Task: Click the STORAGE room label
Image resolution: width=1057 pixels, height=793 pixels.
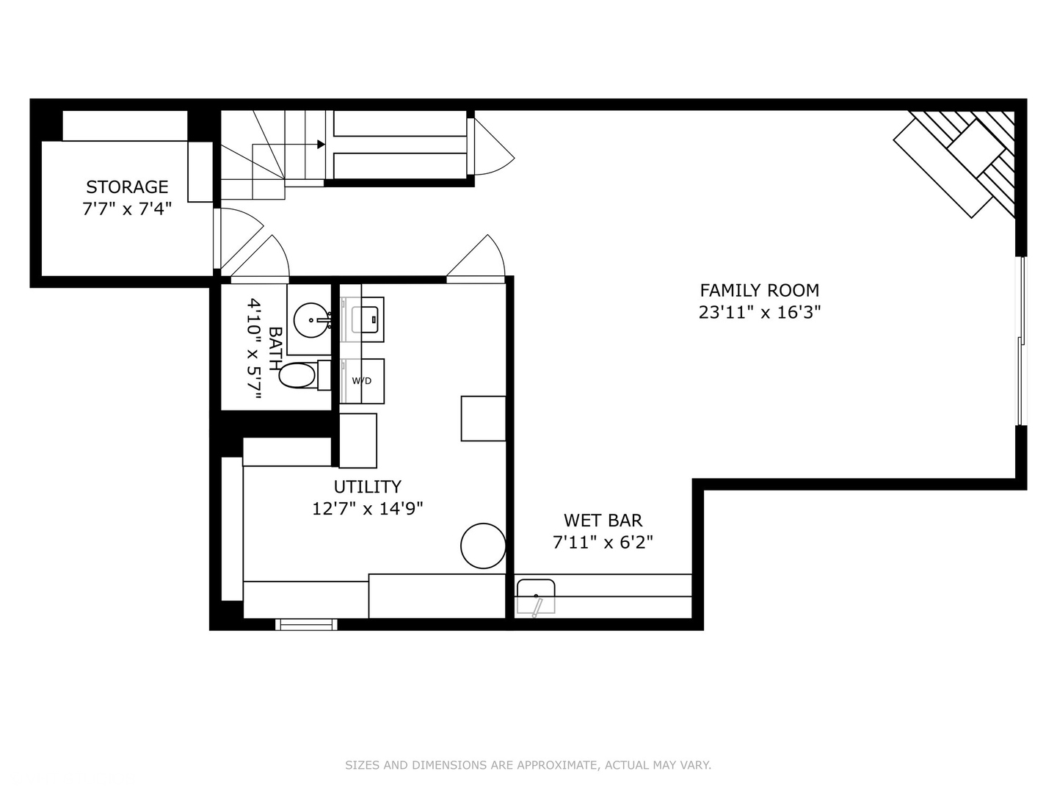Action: tap(127, 187)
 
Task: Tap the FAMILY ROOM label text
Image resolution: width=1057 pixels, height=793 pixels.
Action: tap(759, 290)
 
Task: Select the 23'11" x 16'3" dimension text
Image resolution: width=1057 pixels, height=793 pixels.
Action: tap(759, 312)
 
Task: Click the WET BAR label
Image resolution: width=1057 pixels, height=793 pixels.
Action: tap(603, 521)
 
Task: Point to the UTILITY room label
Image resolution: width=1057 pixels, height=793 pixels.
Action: tap(367, 487)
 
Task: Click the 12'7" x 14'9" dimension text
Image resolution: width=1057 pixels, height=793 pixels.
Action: tap(367, 508)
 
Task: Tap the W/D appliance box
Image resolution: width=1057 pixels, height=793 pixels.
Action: tap(362, 381)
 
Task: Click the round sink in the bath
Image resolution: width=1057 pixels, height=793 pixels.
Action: tap(310, 320)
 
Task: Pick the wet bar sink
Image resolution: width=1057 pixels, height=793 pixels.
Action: tap(536, 595)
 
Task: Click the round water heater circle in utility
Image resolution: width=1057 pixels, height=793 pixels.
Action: tap(483, 546)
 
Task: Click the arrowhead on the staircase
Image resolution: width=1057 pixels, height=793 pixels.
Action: tap(321, 145)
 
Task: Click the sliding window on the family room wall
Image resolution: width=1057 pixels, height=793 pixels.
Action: tap(1020, 341)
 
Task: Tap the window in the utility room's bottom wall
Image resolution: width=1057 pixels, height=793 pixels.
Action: tap(306, 624)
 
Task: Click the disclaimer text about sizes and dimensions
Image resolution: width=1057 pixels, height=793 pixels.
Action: tap(528, 765)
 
